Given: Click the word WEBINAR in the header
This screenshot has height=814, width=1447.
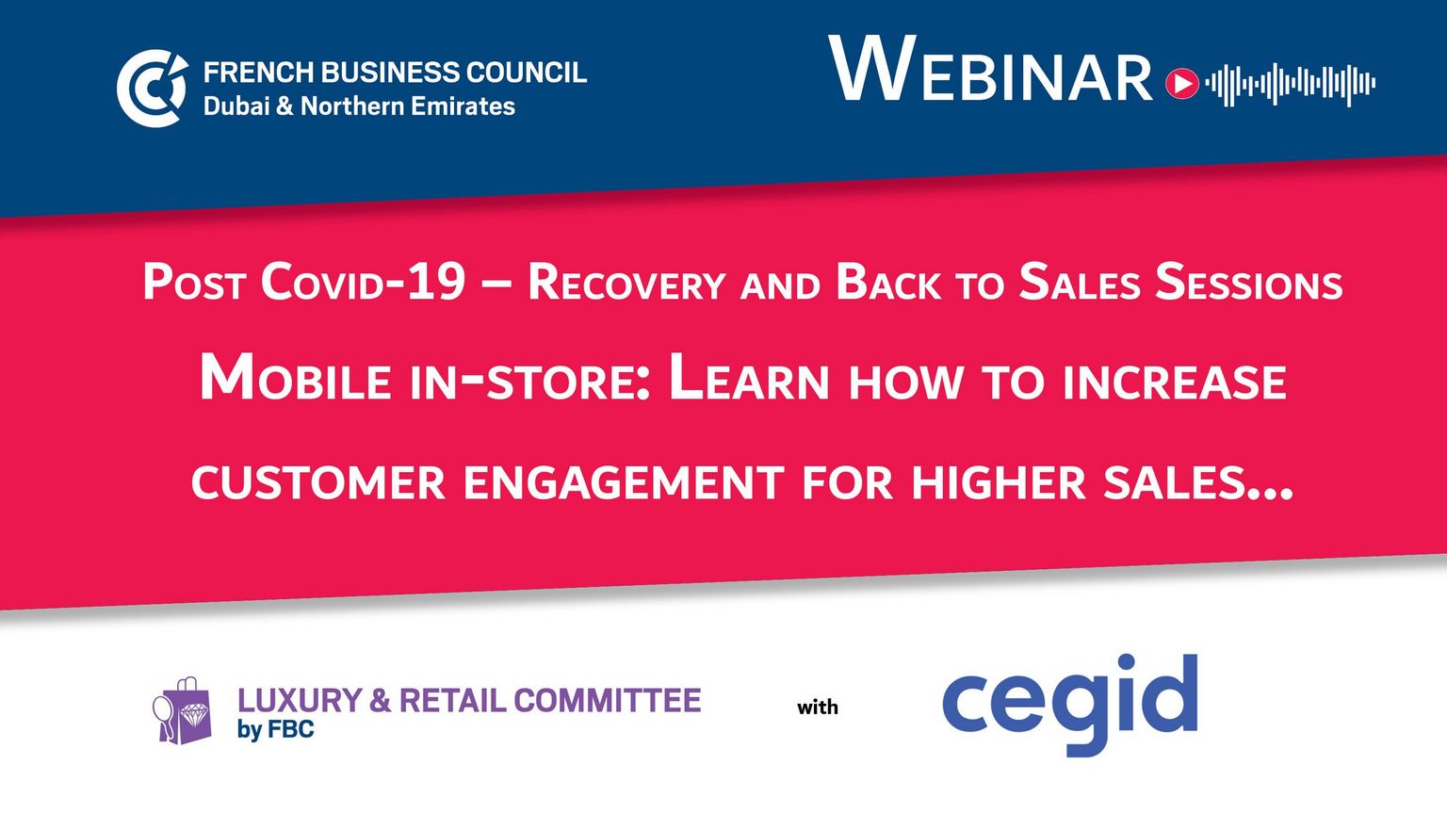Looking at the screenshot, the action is [990, 69].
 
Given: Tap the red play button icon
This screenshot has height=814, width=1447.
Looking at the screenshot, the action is [1182, 83].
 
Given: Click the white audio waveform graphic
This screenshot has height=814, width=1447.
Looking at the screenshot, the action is [1290, 84].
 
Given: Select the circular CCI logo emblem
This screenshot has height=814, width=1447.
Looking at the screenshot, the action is [153, 88].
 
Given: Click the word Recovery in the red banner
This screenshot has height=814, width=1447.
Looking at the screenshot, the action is [626, 283].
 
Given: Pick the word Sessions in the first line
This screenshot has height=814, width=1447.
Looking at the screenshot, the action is [1248, 283].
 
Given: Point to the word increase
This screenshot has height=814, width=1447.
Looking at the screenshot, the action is [1175, 382].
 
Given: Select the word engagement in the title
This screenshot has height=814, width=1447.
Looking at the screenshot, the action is [624, 482].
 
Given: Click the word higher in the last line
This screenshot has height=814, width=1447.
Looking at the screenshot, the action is [999, 482].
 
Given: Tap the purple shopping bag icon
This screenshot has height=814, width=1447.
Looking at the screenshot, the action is [183, 710].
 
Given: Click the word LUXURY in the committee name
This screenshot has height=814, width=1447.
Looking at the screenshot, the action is [301, 700].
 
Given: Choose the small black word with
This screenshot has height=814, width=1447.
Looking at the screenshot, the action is [818, 708].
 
